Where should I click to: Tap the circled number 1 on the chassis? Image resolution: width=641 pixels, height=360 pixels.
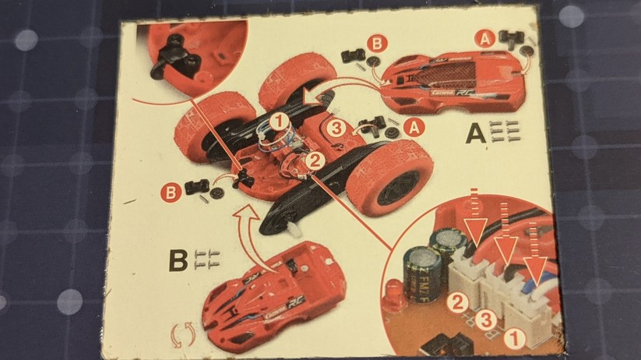point(279,121)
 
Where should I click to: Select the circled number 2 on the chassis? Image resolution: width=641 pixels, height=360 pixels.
point(315,161)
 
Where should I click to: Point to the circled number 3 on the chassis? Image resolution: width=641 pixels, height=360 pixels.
point(336,129)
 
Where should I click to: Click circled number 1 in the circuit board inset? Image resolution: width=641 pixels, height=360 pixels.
point(512,338)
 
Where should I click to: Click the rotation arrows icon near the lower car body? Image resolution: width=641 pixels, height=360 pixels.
point(183,337)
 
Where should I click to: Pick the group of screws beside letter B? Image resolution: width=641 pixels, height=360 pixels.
point(206,259)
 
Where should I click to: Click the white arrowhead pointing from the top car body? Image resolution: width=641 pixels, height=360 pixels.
point(312,97)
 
